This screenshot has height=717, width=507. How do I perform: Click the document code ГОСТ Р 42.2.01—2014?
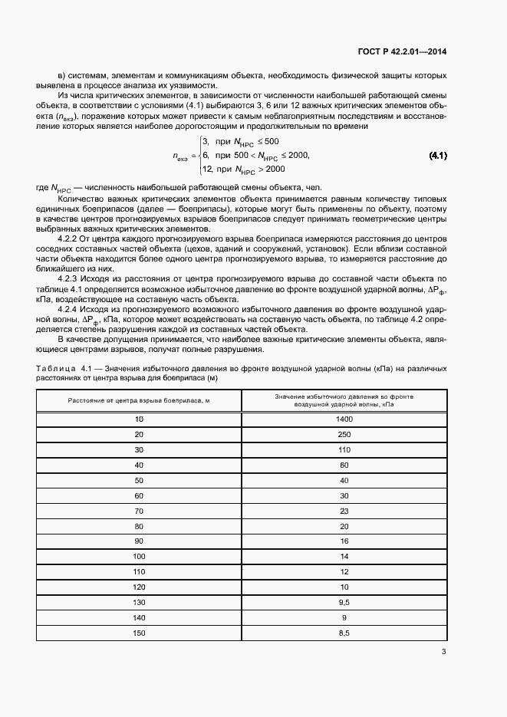(402, 53)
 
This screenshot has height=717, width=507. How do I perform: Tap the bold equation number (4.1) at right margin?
(438, 156)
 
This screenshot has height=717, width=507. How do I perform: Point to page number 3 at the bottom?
(443, 652)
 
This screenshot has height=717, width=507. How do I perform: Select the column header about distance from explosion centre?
(139, 401)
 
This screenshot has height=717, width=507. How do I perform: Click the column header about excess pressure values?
(344, 400)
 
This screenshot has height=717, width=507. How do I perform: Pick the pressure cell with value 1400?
(344, 419)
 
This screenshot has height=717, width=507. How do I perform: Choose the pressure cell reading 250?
(344, 435)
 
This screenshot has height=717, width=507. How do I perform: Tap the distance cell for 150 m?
(139, 633)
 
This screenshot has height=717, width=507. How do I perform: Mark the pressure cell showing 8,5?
(344, 633)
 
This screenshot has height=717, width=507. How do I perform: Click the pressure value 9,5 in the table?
(344, 602)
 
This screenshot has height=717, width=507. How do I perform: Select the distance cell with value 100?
(139, 556)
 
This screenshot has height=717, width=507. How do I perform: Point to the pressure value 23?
(344, 511)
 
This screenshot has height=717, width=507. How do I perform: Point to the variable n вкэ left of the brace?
(181, 156)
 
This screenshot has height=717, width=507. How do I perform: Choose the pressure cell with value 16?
(344, 541)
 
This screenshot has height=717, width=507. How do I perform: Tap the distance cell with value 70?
(139, 511)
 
